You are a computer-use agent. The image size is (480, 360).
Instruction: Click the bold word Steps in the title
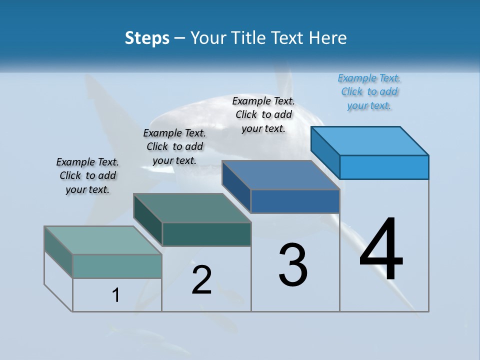(x=147, y=38)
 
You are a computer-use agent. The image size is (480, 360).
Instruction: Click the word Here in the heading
(x=327, y=38)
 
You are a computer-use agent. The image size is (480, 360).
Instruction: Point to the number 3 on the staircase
(x=293, y=265)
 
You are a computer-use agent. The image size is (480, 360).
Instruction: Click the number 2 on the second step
(x=201, y=280)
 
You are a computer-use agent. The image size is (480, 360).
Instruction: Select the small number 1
(x=116, y=295)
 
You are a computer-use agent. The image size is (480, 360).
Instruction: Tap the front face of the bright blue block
(x=384, y=167)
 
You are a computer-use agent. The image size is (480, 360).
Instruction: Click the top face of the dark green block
(x=192, y=208)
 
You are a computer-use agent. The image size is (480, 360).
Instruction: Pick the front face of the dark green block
(x=206, y=234)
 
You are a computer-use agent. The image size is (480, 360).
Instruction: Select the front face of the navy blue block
(x=295, y=201)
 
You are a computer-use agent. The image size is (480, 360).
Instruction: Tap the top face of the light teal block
(x=103, y=240)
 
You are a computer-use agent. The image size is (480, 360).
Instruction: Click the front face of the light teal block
(x=117, y=266)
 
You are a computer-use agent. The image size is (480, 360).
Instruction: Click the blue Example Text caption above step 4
(x=369, y=91)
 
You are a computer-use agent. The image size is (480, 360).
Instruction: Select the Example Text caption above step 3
(x=263, y=114)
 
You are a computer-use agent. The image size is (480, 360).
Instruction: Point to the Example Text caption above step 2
(x=174, y=146)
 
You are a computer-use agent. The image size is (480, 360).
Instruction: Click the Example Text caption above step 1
(x=87, y=175)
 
